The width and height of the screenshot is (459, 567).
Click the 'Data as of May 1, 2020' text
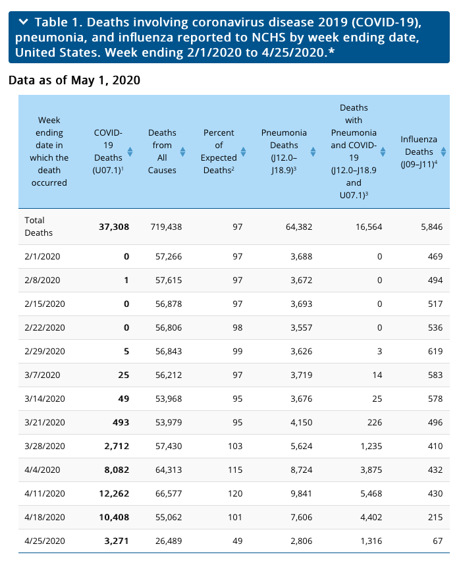coord(74,80)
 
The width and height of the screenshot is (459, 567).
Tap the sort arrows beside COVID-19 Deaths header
coord(130,151)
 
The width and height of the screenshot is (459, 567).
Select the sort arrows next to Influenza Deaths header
coord(444,151)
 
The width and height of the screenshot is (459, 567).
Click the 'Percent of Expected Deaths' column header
coord(219,151)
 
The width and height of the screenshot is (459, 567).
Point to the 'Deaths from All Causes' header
coord(162,151)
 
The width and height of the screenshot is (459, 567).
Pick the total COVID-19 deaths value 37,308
coord(113,227)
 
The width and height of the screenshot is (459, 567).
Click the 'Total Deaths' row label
coord(38,227)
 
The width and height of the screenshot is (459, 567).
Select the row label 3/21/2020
coord(42,422)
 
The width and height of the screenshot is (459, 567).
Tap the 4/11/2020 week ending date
coord(42,493)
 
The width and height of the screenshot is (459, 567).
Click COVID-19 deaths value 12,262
coord(113,493)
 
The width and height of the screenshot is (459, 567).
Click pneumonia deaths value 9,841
coord(298,493)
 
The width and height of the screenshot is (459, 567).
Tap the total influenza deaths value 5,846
coord(430,227)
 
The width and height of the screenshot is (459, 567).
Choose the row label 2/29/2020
coord(42,351)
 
